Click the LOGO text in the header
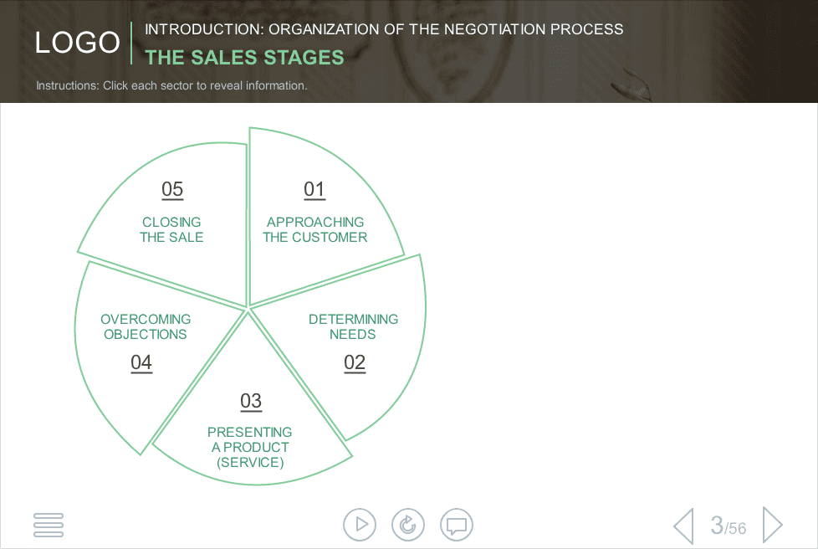pos(78,43)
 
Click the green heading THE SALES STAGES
pos(245,58)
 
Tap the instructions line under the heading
pos(171,85)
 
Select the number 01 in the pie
pos(314,189)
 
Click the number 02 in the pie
pos(355,362)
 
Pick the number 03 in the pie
pos(251,402)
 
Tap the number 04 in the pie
pos(141,362)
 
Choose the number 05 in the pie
pos(172,189)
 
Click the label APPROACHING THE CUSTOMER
pos(315,229)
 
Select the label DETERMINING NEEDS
pos(353,326)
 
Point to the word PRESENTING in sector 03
pos(250,432)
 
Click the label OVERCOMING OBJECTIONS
pos(146,326)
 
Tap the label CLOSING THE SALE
pos(171,229)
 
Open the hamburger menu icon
pos(49,525)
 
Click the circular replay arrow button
pos(408,525)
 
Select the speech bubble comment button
pos(457,525)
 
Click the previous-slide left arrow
pos(684,526)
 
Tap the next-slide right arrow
pos(773,525)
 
